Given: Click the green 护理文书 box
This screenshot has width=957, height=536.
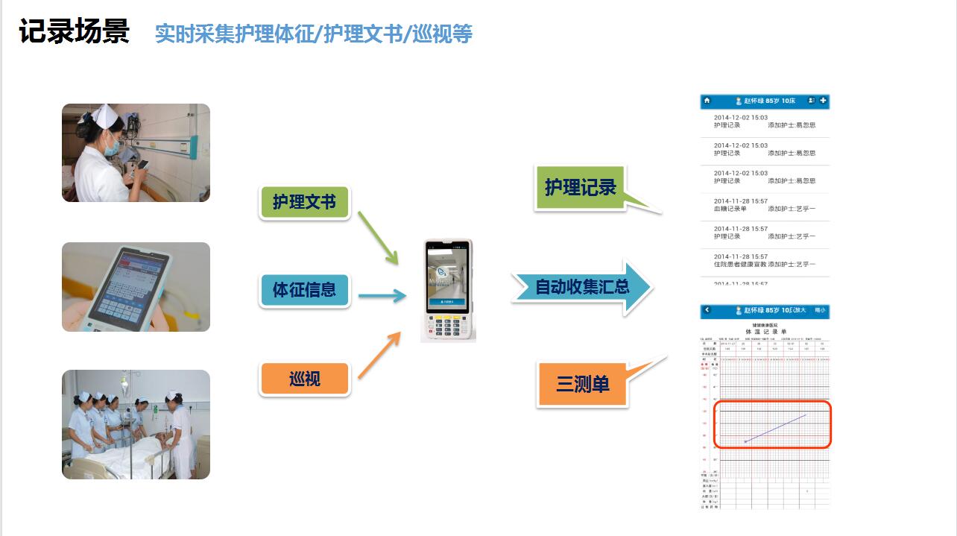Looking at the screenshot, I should click(x=304, y=202).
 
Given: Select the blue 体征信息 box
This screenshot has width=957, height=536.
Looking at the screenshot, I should click(x=304, y=289).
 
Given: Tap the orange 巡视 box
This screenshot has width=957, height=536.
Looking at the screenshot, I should click(x=304, y=378).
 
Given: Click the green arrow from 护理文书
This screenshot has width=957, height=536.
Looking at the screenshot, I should click(x=378, y=237).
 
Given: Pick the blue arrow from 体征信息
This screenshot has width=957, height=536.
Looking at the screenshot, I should click(x=382, y=296).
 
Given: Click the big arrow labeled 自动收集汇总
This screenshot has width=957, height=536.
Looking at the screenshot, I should click(x=581, y=287).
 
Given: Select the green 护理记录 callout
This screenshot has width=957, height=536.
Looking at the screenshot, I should click(x=580, y=188).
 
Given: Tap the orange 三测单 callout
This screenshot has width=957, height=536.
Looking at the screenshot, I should click(x=582, y=385).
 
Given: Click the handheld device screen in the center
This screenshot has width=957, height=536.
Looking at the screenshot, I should click(x=447, y=280).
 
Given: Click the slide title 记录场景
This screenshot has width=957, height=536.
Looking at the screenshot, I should click(x=75, y=32).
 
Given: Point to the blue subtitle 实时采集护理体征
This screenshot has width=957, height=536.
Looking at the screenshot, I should click(x=313, y=34).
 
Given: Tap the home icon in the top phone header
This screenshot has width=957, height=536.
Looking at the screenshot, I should click(x=707, y=101).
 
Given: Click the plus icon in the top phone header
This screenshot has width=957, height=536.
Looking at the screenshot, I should click(x=823, y=101).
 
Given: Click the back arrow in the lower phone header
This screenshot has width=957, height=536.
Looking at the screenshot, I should click(x=707, y=310).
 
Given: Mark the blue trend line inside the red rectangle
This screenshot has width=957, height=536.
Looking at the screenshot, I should click(x=775, y=428).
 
